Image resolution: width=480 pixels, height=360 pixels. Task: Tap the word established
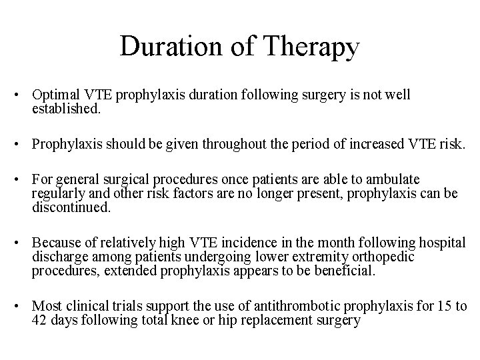point(66,108)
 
